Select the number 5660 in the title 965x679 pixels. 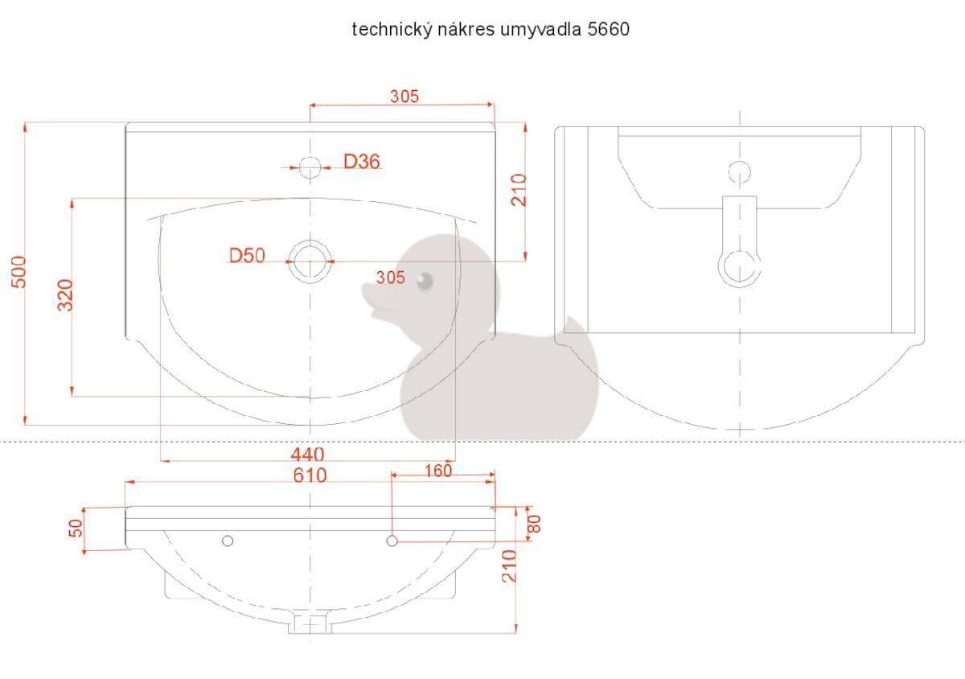pos(608,29)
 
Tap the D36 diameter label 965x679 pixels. pos(361,162)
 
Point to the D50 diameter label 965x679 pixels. pos(247,256)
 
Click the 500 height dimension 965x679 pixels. pos(18,272)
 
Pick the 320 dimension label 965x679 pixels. pos(65,295)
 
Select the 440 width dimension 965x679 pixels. pos(307,455)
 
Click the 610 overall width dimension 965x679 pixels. pos(310,475)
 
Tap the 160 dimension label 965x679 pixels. pos(438,471)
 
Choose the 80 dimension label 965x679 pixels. pos(534,524)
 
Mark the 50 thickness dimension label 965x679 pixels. pos(76,528)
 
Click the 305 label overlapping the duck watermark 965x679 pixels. pos(390,278)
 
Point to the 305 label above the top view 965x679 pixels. pos(404,96)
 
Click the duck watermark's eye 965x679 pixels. pos(425,281)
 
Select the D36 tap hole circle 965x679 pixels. pos(310,167)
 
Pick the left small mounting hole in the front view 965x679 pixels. pos(228,541)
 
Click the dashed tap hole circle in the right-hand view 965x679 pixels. pos(740,172)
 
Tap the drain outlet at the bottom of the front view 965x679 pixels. pos(310,623)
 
